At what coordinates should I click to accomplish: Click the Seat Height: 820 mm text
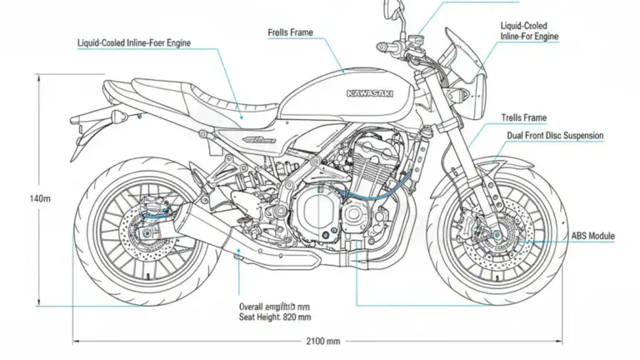[275, 317]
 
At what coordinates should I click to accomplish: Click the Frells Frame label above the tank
[291, 33]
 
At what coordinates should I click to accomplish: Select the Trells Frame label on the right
[524, 117]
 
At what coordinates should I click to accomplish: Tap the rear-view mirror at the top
[391, 12]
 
